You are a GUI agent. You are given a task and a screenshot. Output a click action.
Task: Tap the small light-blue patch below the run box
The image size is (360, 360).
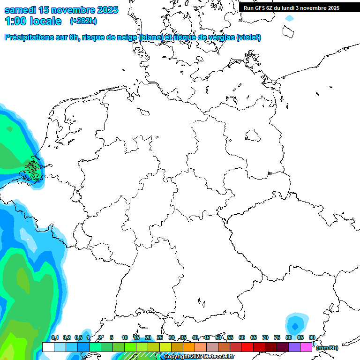pos(289,18)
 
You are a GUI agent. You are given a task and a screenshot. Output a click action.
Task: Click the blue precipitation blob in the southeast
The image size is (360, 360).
pos(295,324)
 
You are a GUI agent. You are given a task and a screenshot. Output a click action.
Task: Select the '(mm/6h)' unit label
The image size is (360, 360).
pos(327,348)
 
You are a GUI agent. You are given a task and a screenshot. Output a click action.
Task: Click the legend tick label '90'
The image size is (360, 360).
pos(312,338)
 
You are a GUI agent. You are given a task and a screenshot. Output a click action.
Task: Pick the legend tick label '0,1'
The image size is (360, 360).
pos(55,338)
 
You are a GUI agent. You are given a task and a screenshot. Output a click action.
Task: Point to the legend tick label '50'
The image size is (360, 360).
pos(218,338)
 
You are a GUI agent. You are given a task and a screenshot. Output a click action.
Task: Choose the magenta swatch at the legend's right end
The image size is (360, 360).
pos(306,347)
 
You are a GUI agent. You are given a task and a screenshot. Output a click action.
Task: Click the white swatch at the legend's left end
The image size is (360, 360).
pos(48,347)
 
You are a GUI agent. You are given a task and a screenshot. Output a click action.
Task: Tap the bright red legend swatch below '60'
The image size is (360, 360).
pos(247,347)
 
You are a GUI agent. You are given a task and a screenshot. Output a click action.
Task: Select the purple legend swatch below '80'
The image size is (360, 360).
pos(294,347)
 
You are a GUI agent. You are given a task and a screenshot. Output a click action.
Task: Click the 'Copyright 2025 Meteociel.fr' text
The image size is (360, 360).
pos(199,357)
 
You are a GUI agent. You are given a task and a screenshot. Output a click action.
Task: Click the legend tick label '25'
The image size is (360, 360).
pos(160,338)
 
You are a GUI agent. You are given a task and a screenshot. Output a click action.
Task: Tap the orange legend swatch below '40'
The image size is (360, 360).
pos(188,347)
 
